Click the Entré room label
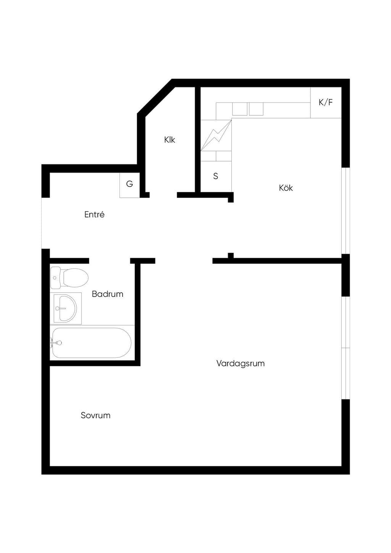[94, 214]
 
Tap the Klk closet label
[170, 140]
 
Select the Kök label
[286, 188]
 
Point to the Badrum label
[107, 294]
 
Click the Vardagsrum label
[241, 364]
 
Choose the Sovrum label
[95, 415]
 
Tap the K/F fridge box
[326, 102]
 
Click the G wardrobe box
[129, 185]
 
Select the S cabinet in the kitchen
[216, 176]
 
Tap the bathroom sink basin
[65, 308]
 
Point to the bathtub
[91, 343]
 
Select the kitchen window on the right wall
[346, 210]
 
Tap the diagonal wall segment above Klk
[156, 98]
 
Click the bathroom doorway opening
[110, 261]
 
